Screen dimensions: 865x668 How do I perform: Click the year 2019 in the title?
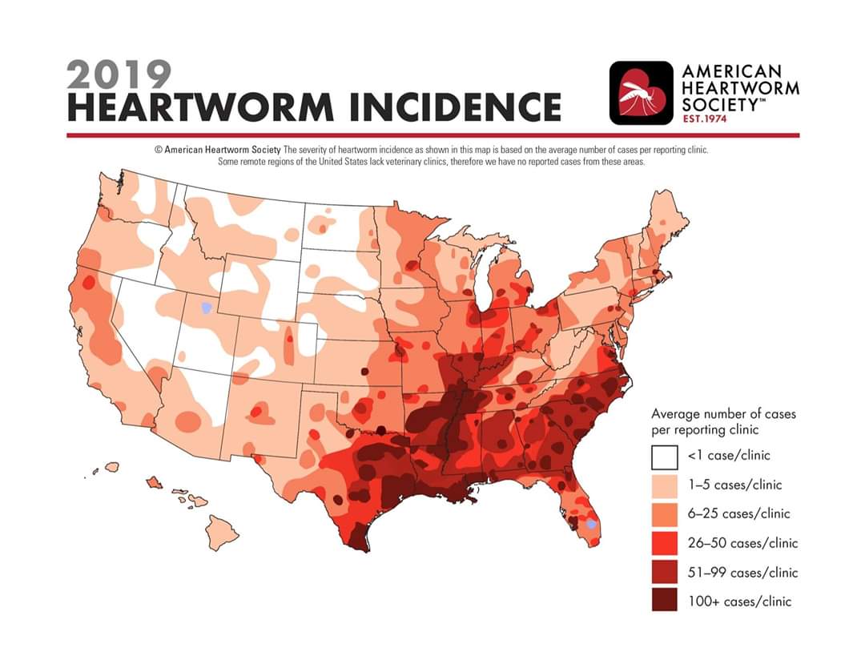pyautogui.click(x=119, y=74)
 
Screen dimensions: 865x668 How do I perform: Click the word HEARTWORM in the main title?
pyautogui.click(x=201, y=107)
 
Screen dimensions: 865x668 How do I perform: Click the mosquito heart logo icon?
pyautogui.click(x=641, y=93)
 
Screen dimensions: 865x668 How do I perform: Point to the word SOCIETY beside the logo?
pyautogui.click(x=720, y=103)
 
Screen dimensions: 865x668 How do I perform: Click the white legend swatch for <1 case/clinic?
pyautogui.click(x=664, y=457)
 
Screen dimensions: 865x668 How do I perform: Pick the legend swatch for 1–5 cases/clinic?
pyautogui.click(x=664, y=486)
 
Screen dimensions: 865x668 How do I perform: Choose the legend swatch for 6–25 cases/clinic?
pyautogui.click(x=664, y=515)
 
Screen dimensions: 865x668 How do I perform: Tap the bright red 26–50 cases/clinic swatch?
pyautogui.click(x=664, y=543)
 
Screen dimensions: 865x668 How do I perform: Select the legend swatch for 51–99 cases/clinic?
pyautogui.click(x=664, y=572)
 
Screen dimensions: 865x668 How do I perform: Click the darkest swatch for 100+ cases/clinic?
pyautogui.click(x=664, y=601)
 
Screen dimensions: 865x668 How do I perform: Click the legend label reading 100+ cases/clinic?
pyautogui.click(x=739, y=602)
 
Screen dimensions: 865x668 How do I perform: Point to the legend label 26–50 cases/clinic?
pyautogui.click(x=742, y=543)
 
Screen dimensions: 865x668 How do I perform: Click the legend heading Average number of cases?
pyautogui.click(x=723, y=414)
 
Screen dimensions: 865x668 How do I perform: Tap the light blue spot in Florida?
pyautogui.click(x=591, y=525)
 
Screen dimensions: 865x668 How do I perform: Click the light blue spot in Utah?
pyautogui.click(x=207, y=308)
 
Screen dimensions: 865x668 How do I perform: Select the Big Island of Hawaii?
pyautogui.click(x=222, y=532)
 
